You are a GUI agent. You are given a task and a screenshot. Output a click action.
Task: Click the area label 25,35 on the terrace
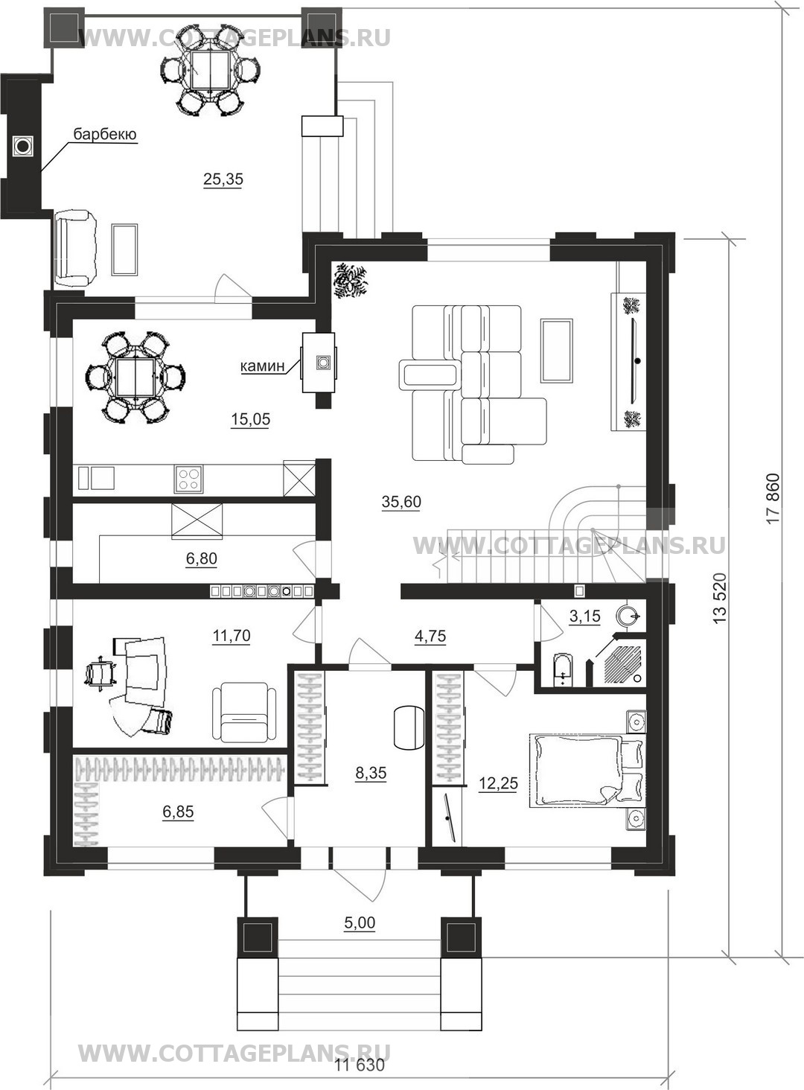click(223, 179)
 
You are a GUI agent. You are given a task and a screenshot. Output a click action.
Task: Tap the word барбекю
click(105, 134)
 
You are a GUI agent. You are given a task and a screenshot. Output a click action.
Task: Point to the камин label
click(262, 366)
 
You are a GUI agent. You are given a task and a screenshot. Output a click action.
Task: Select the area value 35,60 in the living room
click(401, 501)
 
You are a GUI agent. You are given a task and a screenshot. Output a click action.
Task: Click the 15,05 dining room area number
click(250, 419)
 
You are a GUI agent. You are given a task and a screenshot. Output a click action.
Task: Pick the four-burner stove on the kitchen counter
click(188, 479)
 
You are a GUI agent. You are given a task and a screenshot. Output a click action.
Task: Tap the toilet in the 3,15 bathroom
click(564, 670)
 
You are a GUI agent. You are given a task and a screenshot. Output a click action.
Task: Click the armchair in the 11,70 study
click(244, 713)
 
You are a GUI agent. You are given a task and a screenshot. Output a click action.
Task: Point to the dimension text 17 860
click(773, 498)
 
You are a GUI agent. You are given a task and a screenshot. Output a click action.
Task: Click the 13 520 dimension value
click(720, 598)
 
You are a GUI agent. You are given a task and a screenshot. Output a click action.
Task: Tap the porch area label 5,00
click(360, 922)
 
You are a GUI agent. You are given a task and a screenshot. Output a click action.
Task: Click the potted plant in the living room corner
click(350, 281)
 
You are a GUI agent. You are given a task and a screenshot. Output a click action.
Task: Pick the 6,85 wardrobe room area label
click(178, 812)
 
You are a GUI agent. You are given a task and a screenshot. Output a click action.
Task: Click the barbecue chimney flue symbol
click(23, 145)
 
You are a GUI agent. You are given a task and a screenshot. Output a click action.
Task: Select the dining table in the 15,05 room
click(135, 377)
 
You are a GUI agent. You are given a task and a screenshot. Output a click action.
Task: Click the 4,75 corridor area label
click(430, 636)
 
